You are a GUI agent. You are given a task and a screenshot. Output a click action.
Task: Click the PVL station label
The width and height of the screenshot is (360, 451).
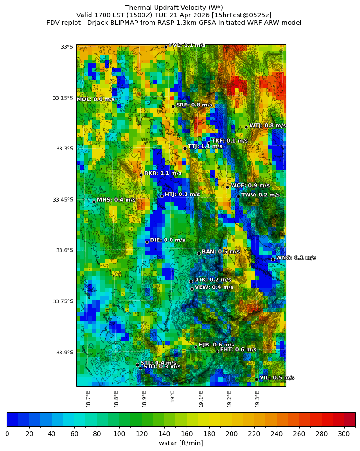pos(187,45)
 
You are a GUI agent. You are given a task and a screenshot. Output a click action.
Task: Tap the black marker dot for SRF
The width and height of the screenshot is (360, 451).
pos(173,106)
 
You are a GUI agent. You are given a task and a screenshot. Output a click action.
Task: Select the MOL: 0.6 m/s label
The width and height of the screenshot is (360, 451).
pos(96,99)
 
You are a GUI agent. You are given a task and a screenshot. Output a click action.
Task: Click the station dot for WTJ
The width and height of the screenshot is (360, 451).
pos(246,127)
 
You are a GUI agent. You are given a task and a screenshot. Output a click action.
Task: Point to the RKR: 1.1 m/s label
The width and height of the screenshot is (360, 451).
pos(163,173)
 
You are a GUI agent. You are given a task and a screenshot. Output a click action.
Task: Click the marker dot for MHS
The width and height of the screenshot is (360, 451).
pos(94,202)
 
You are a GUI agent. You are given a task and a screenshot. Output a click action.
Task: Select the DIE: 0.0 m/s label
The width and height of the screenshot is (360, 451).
pos(167,240)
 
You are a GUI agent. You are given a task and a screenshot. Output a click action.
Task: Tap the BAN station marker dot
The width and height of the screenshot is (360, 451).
pos(199,253)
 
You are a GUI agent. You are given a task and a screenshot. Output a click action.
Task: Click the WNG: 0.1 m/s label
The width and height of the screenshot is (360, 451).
pos(295,258)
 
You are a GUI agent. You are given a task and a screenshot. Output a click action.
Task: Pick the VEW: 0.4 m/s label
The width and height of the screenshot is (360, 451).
pos(214,287)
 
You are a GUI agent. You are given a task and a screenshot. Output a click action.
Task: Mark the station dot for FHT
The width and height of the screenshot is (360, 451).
pos(217,351)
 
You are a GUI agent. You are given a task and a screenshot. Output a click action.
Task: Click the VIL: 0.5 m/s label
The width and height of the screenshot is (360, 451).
pos(277,378)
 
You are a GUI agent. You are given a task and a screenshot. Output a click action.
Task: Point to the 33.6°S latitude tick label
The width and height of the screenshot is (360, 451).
pos(63,250)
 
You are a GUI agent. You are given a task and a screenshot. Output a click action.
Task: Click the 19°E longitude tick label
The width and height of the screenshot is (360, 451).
pos(173,397)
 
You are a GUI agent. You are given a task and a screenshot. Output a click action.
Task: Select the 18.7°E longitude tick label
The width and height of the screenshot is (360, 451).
pos(88,399)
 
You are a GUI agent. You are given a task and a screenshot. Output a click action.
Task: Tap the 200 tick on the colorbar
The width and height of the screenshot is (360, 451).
pos(232,434)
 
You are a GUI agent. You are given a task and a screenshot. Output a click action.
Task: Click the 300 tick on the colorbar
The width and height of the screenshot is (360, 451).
pos(344,434)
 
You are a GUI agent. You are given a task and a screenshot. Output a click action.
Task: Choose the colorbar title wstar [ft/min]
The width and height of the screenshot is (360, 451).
pos(181,443)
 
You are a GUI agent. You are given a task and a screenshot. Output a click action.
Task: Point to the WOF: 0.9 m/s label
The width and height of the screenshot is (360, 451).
pos(250,186)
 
